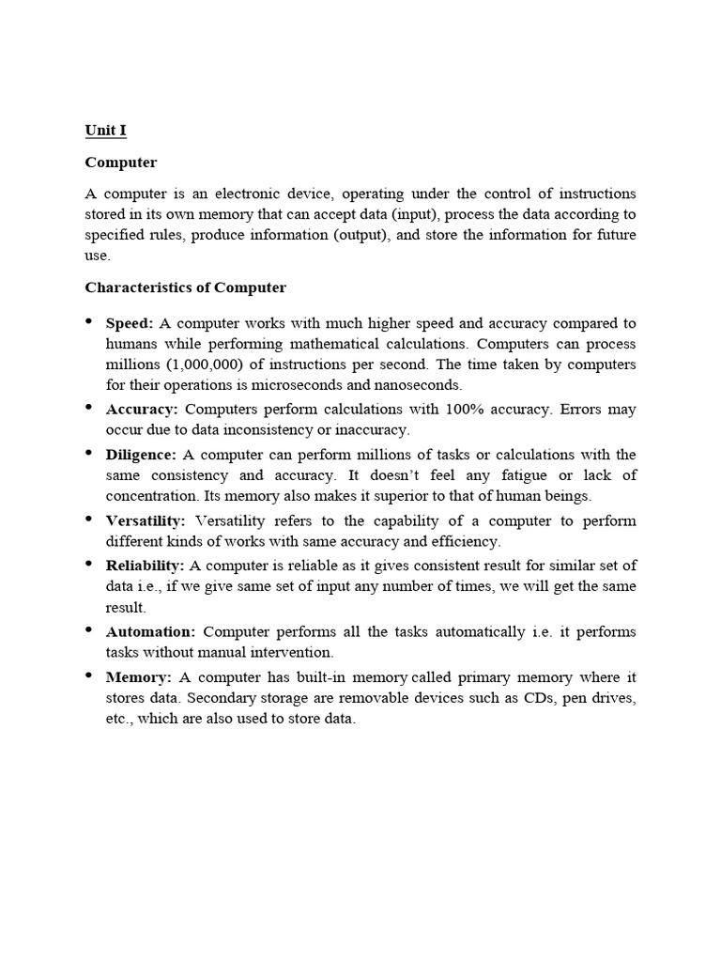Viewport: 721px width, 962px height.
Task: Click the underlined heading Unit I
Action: pos(105,132)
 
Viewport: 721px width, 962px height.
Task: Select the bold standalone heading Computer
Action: pos(121,163)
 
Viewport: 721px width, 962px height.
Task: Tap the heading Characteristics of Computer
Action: pos(186,287)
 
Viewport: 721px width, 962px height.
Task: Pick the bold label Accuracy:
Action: pos(142,409)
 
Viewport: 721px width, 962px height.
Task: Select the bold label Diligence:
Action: pos(141,455)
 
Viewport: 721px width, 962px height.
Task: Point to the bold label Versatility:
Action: pos(146,520)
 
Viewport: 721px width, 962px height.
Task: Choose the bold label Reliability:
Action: pos(145,565)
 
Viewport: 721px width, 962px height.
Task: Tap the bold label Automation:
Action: pos(150,631)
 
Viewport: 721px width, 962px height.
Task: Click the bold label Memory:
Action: pos(137,676)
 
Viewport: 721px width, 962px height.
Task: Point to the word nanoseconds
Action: pos(419,385)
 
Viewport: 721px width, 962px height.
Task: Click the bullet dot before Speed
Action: pos(89,321)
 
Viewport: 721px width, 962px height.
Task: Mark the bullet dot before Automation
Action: pos(89,629)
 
